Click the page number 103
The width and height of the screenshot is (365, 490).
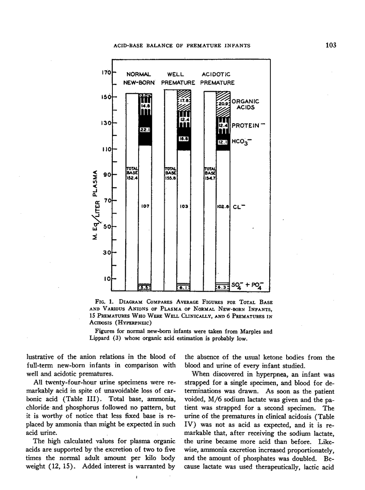click(331, 45)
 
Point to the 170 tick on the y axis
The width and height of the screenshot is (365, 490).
click(107, 73)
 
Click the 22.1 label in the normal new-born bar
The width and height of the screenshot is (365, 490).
click(145, 130)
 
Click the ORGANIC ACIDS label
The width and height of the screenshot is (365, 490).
click(245, 104)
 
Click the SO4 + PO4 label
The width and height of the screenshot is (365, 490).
click(247, 286)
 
